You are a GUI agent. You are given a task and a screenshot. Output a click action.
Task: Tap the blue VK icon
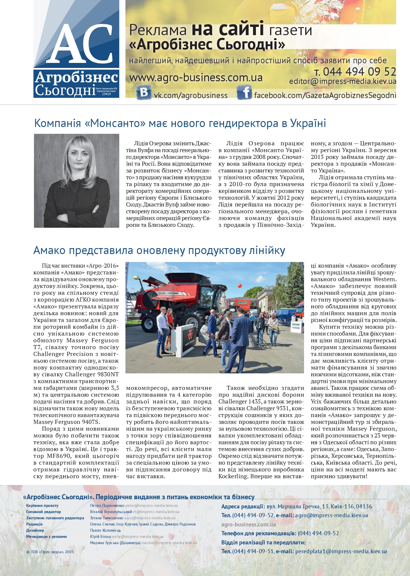(x=144, y=92)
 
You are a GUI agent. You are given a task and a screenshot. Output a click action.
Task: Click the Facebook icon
(x=244, y=92)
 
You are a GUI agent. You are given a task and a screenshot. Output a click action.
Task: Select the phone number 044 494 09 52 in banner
(x=355, y=72)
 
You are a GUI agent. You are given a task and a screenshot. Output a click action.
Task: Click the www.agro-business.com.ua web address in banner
(x=196, y=78)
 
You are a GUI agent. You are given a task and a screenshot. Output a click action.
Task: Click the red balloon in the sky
(x=240, y=286)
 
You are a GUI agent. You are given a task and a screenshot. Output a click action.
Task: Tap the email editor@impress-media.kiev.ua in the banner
(x=342, y=82)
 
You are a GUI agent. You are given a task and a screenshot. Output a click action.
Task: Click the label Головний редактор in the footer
(x=43, y=512)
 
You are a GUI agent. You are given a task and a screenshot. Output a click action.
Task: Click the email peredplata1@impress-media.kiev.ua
(x=341, y=551)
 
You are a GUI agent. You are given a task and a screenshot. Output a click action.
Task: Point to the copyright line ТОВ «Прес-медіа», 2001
(x=50, y=552)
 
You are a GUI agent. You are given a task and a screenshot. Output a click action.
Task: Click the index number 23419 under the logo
(x=106, y=94)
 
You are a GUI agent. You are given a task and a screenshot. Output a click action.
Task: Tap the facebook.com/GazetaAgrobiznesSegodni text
(x=325, y=95)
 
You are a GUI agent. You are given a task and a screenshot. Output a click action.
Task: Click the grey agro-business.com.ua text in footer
(x=249, y=524)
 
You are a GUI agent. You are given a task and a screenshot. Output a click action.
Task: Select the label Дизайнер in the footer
(x=35, y=530)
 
